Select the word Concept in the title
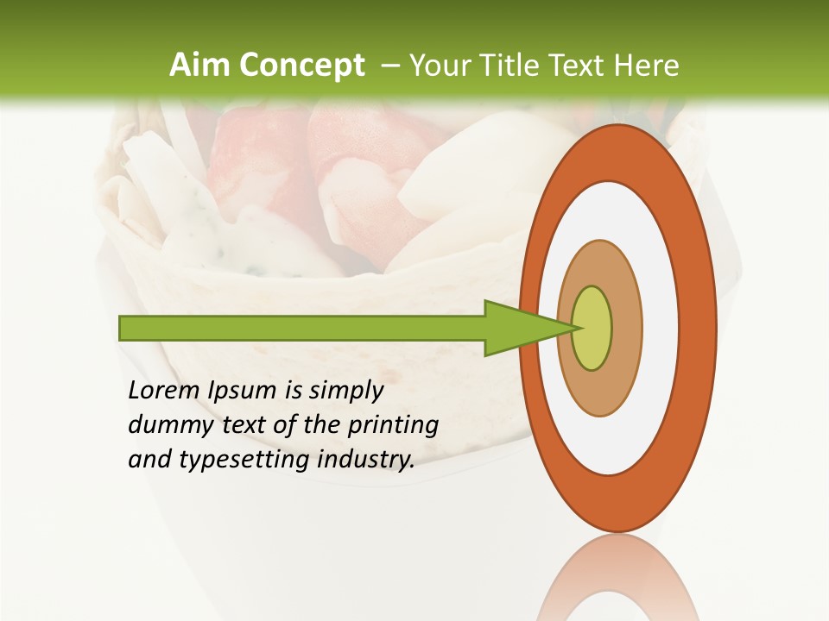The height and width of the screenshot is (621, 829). pyautogui.click(x=301, y=66)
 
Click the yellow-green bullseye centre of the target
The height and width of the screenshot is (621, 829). pyautogui.click(x=592, y=328)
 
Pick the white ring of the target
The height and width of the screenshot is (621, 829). pyautogui.click(x=618, y=216)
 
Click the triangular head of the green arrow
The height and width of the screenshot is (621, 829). pyautogui.click(x=518, y=328)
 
